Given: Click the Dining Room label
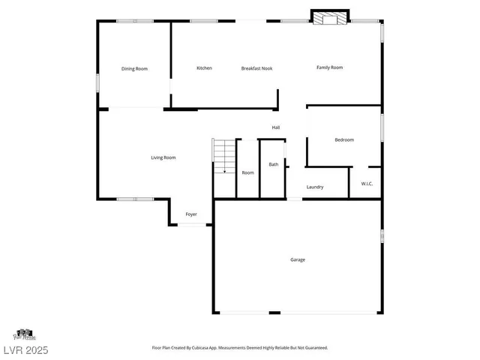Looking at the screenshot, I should pyautogui.click(x=134, y=69).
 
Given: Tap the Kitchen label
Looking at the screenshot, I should pyautogui.click(x=204, y=68).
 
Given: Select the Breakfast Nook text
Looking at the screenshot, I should pyautogui.click(x=256, y=68).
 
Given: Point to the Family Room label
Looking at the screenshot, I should pyautogui.click(x=329, y=67).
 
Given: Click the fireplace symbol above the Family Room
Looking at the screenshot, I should pyautogui.click(x=331, y=19).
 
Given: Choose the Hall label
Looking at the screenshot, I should pyautogui.click(x=276, y=127).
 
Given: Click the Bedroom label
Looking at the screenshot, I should pyautogui.click(x=344, y=139).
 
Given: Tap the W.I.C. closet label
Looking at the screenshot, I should pyautogui.click(x=367, y=184).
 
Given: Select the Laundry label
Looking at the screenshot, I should pyautogui.click(x=315, y=187).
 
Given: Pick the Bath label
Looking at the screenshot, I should pyautogui.click(x=274, y=164).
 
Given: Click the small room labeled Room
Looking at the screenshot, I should pyautogui.click(x=247, y=172).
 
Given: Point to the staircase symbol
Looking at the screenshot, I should pyautogui.click(x=223, y=156).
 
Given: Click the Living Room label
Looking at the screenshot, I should pyautogui.click(x=163, y=157).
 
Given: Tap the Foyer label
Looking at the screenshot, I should pyautogui.click(x=191, y=214).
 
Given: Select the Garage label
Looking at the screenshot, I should pyautogui.click(x=298, y=259).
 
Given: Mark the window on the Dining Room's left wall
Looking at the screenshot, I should pyautogui.click(x=97, y=82).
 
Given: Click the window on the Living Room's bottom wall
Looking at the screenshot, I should pyautogui.click(x=135, y=199).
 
